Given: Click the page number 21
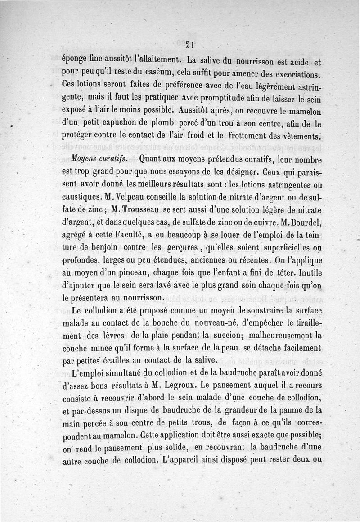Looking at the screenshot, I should pos(189,45).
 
